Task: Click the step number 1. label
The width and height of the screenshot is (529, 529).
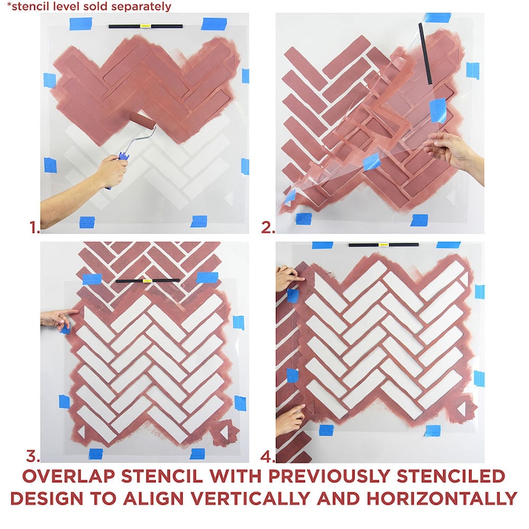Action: [x=34, y=228]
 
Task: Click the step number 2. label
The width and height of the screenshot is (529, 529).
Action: [x=267, y=228]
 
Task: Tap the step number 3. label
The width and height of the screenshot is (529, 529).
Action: [x=33, y=456]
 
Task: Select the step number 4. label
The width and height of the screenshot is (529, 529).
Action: [x=267, y=456]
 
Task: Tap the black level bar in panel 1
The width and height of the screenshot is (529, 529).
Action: [x=144, y=27]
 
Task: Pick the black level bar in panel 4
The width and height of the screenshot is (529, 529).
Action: [x=384, y=245]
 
